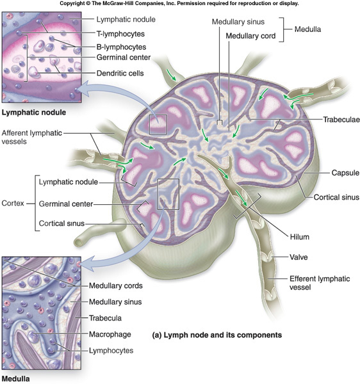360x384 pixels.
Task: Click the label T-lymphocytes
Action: (x=120, y=34)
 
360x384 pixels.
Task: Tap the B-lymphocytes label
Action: (x=121, y=47)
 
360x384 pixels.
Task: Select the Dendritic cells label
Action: (x=120, y=73)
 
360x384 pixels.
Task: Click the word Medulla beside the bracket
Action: (x=307, y=29)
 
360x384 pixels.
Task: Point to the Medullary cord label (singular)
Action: (x=250, y=36)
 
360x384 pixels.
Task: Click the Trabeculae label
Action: (x=341, y=120)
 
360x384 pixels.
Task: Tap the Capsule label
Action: (x=345, y=173)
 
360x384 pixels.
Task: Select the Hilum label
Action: (x=300, y=237)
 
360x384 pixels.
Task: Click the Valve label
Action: (x=299, y=257)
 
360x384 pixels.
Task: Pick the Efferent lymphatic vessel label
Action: (x=320, y=283)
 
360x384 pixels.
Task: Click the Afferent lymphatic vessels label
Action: (x=31, y=137)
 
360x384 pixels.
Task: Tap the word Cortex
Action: (x=13, y=204)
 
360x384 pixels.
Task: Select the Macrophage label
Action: (x=110, y=334)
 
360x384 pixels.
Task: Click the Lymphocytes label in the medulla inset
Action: (x=111, y=351)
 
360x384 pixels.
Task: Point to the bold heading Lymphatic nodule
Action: (x=34, y=113)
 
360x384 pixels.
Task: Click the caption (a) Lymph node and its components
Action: (x=217, y=335)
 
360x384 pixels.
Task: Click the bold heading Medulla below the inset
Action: (x=15, y=379)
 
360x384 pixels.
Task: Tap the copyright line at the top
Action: (x=179, y=3)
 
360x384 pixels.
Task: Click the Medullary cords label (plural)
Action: (x=116, y=285)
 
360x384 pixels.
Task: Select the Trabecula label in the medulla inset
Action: (x=105, y=318)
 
